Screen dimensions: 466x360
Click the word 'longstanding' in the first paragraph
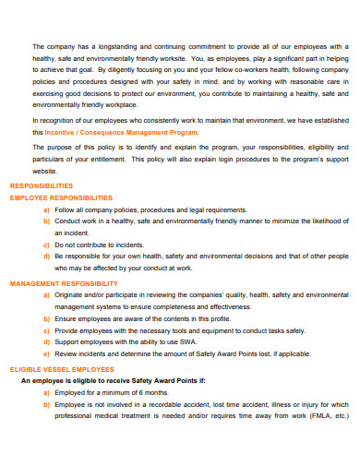[x=100, y=46]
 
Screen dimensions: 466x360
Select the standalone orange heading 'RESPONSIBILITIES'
[x=42, y=185]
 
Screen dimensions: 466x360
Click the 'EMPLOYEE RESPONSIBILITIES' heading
[x=61, y=197]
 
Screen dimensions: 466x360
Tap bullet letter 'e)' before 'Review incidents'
[x=46, y=353]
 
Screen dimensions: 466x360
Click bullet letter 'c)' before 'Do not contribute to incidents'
[x=46, y=245]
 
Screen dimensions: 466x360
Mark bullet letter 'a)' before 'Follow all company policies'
[x=46, y=209]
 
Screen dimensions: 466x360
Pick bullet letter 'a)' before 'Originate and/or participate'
[x=46, y=294]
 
